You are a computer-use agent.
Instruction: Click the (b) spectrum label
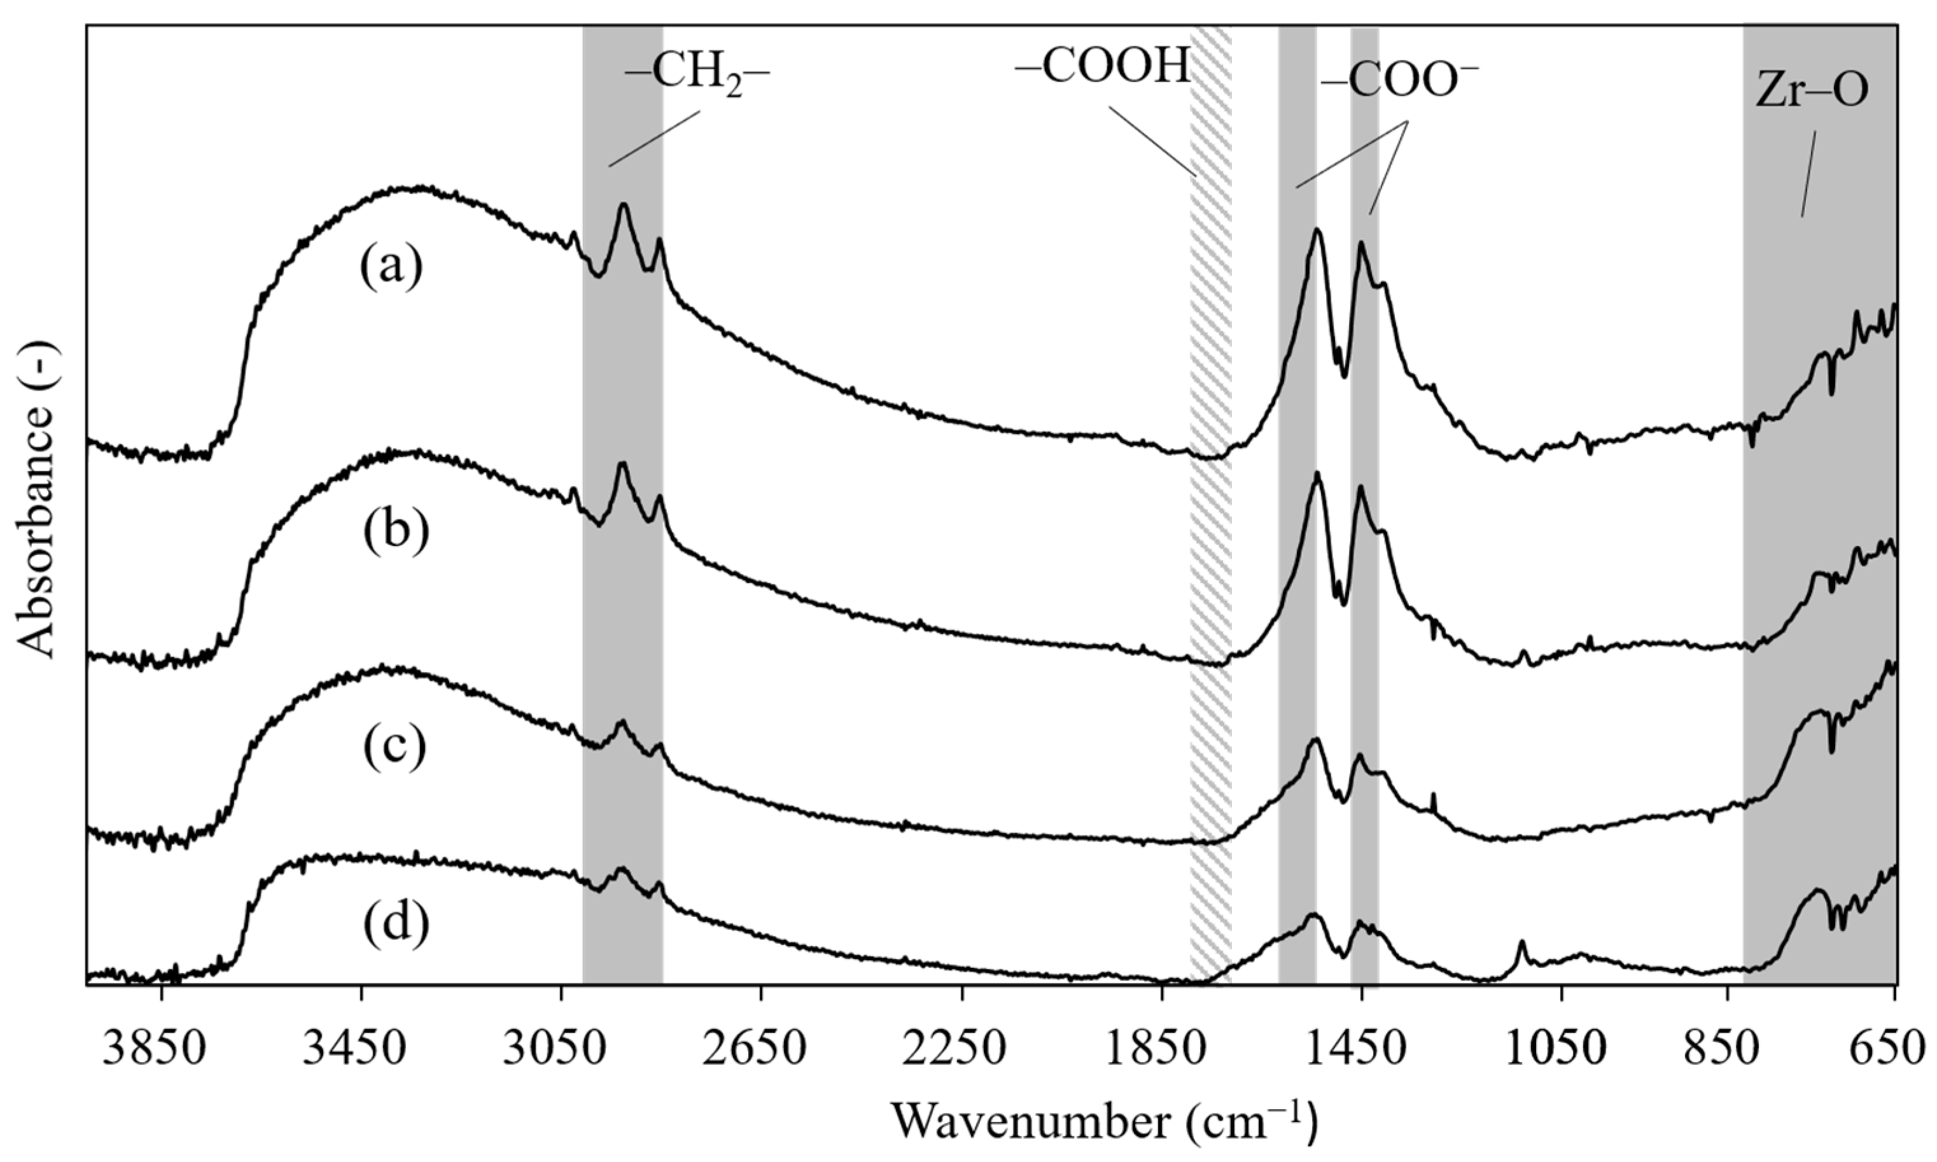[395, 529]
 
